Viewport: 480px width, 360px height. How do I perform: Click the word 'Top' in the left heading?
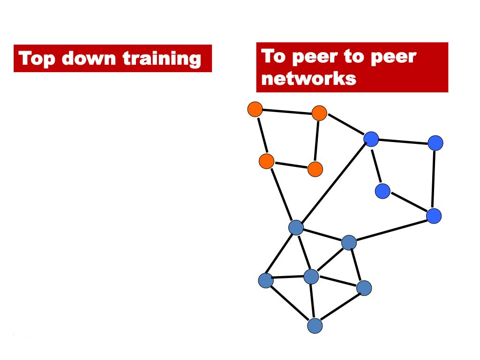click(x=37, y=59)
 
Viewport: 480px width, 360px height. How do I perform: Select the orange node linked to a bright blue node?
click(x=319, y=113)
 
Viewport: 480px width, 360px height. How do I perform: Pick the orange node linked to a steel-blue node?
click(x=266, y=161)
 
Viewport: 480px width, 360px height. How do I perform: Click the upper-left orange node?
click(x=255, y=109)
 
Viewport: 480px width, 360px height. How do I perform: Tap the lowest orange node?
click(x=315, y=169)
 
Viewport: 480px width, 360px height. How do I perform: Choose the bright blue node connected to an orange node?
click(x=371, y=138)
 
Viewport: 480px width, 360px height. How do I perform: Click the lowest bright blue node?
click(x=434, y=216)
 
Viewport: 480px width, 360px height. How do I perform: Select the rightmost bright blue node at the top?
click(x=435, y=142)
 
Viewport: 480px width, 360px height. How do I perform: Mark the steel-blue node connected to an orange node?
click(x=296, y=228)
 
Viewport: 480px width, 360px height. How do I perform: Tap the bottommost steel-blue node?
click(x=315, y=325)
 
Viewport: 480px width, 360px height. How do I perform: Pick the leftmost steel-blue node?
click(x=266, y=280)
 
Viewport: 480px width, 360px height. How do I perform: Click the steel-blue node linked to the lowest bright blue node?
click(x=349, y=242)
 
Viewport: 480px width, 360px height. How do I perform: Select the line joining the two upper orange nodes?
click(x=287, y=111)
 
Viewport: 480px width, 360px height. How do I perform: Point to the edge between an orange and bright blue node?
click(x=345, y=126)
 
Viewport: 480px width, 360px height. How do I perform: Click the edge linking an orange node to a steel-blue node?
click(x=281, y=194)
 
